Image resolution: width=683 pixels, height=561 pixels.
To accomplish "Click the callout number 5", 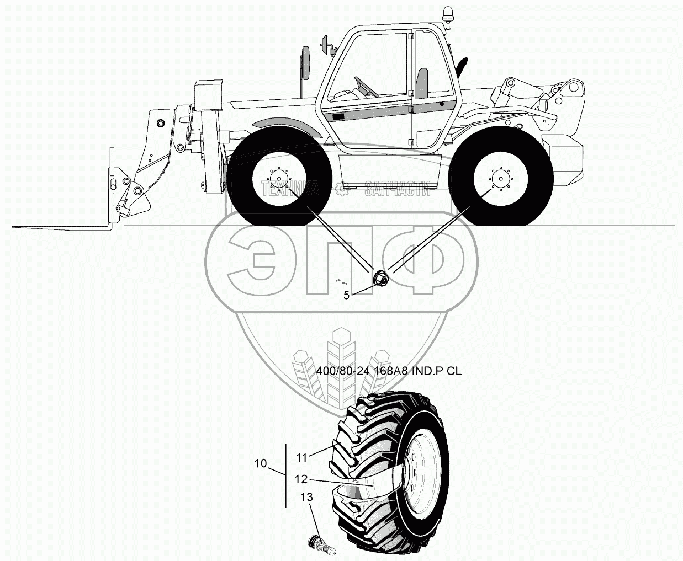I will tap(347, 295).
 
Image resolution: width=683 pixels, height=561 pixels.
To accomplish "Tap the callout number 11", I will tap(301, 457).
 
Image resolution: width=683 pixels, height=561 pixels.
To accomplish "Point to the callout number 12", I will tap(301, 479).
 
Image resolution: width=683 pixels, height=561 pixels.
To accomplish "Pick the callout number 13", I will tap(306, 498).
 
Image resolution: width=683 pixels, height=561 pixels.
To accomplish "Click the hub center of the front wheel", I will tap(280, 179).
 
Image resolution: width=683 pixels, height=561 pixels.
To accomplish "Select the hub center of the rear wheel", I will tap(500, 179).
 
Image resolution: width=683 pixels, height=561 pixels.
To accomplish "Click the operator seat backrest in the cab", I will tap(422, 81).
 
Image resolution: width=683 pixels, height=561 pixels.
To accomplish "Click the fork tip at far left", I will tap(17, 226).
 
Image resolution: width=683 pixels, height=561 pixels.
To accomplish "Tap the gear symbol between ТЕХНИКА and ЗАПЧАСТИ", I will tap(342, 190).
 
